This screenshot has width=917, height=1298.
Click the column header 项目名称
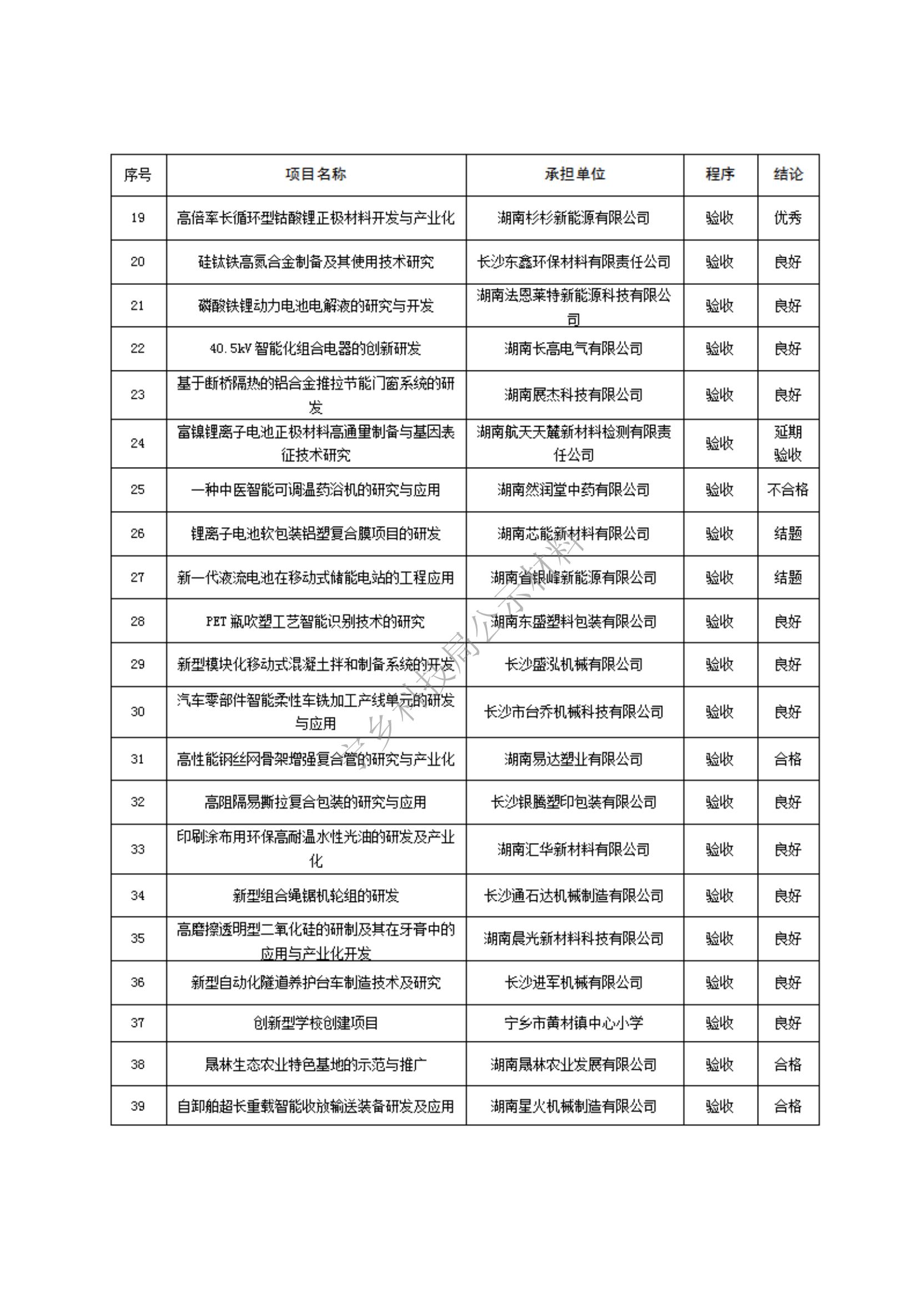[315, 174]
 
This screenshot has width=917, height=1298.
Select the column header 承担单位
[575, 174]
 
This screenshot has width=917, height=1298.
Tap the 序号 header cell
[138, 175]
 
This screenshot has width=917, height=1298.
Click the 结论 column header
[788, 174]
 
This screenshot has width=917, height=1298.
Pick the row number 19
[138, 218]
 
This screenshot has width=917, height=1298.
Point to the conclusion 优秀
[788, 218]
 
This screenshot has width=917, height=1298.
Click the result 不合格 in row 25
[788, 489]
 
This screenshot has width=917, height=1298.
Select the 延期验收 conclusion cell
[788, 443]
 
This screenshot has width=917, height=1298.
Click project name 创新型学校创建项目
[315, 1023]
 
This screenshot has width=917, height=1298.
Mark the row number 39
[138, 1106]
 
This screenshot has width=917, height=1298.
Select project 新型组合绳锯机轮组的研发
[315, 895]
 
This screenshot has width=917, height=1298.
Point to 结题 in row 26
[788, 534]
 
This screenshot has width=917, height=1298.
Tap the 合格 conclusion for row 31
[788, 759]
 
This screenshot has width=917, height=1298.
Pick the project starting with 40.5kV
[315, 349]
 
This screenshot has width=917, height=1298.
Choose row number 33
[138, 849]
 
